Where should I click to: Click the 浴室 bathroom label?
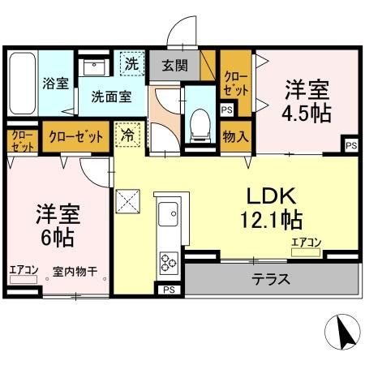55,84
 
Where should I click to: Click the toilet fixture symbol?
197,122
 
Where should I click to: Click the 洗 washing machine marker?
131,62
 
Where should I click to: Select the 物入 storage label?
235,136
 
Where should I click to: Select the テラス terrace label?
272,280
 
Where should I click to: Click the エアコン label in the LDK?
307,241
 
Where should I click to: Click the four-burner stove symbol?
169,262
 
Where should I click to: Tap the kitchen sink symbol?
169,217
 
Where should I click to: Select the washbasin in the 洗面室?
97,67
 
